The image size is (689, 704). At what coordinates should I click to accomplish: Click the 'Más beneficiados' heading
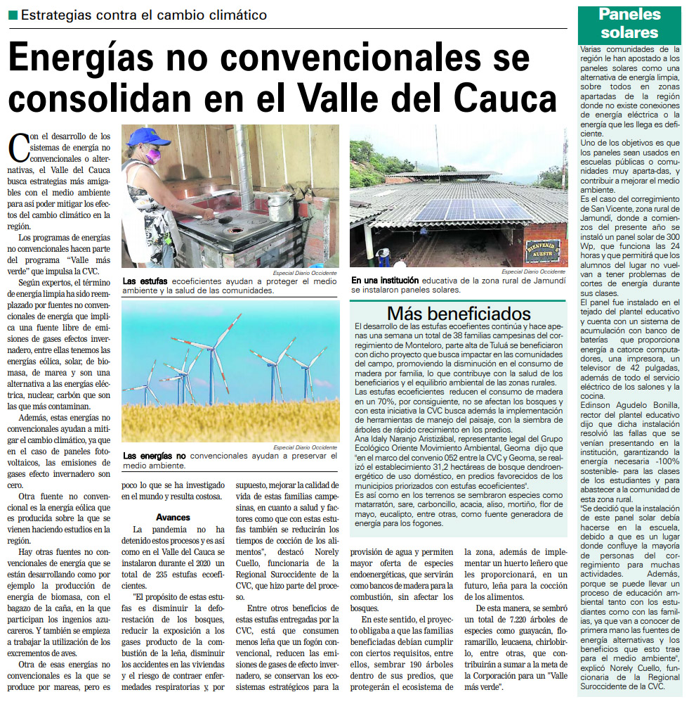(x=459, y=312)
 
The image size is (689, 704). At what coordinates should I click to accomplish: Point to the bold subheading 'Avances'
(x=173, y=516)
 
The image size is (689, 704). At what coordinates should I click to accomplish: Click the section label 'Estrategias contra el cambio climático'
(x=143, y=15)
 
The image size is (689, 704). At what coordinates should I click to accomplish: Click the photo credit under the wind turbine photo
(x=306, y=447)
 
